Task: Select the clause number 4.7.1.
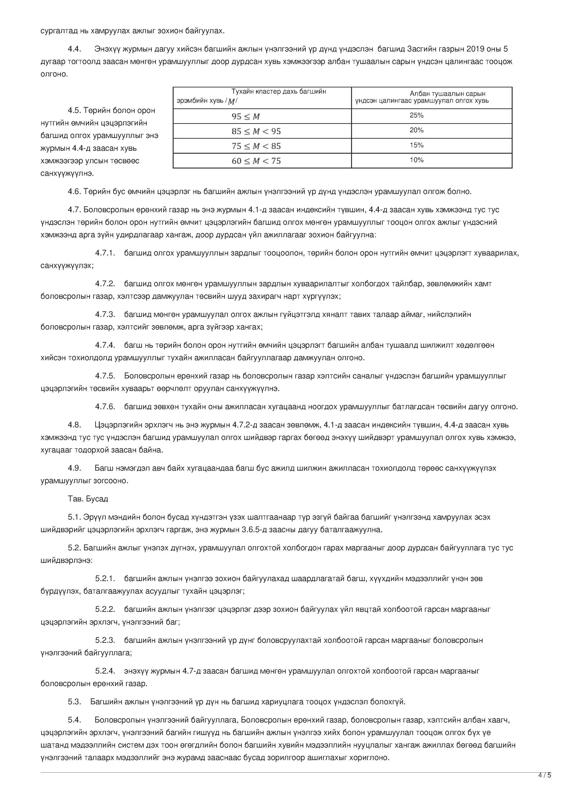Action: (x=105, y=253)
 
